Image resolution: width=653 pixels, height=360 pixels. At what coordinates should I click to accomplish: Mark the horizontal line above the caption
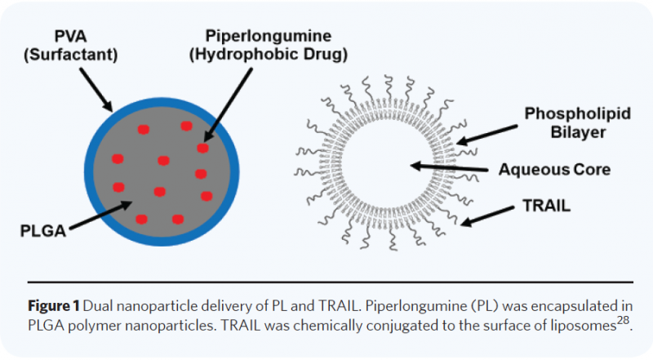[326, 282]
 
